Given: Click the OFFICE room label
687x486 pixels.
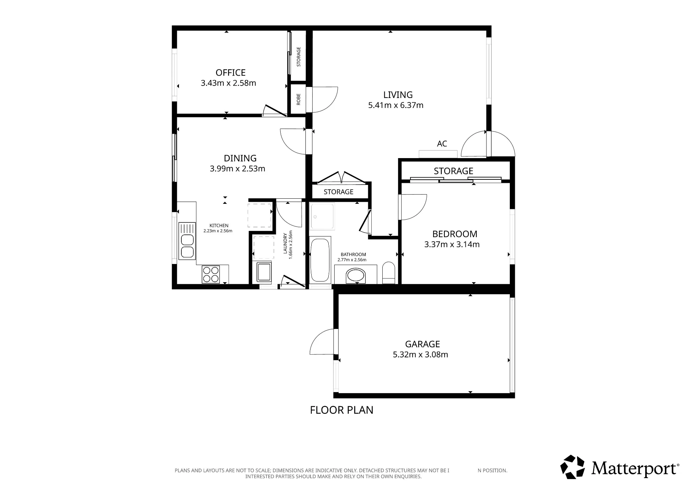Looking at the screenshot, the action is [230, 73].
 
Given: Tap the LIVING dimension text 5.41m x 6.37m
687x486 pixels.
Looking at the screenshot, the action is [396, 105].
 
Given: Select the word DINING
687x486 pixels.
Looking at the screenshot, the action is [240, 158].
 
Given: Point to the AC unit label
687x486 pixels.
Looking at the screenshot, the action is [442, 144].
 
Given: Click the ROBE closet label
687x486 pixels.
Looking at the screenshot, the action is [298, 99].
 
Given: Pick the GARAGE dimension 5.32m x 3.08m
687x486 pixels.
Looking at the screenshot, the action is [420, 354].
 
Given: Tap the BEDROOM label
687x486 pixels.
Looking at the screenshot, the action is [455, 234].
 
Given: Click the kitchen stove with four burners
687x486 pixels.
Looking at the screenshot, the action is [211, 274].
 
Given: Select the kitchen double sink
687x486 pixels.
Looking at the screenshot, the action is [187, 241].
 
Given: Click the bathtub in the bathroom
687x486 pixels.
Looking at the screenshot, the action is [320, 260].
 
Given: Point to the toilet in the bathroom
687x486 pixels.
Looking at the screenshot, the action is [389, 273].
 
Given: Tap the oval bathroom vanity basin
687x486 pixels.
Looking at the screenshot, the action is [356, 275].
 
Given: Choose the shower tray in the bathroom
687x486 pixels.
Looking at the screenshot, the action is [322, 216].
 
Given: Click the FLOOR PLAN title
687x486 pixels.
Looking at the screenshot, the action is [341, 410].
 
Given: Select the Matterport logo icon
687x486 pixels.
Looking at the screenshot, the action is [572, 467].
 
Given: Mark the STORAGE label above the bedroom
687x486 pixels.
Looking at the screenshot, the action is [453, 171].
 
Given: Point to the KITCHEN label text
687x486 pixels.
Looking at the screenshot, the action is [219, 225].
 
